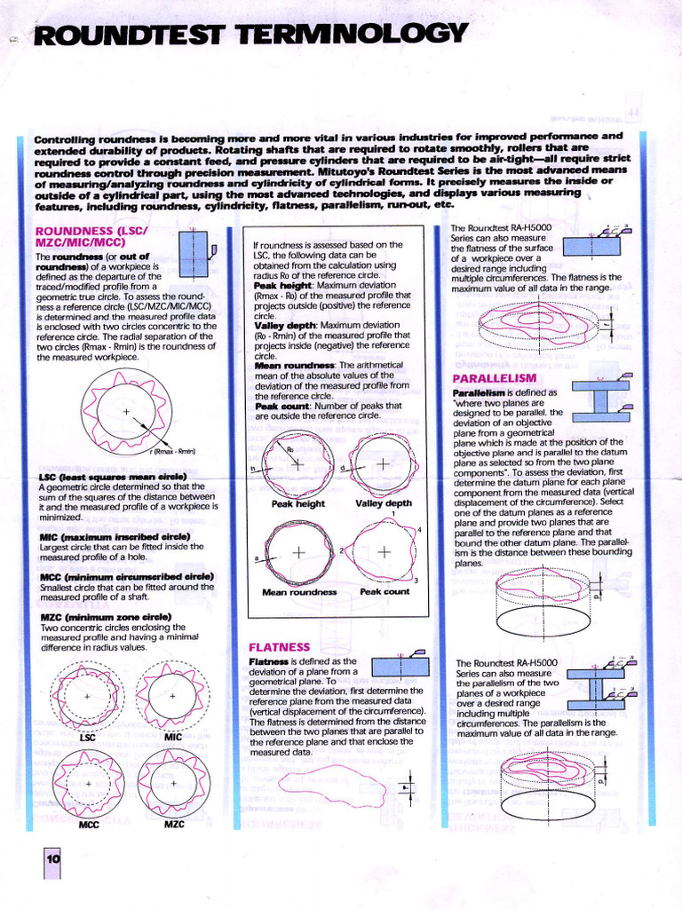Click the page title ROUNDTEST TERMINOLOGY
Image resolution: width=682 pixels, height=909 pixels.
point(248,36)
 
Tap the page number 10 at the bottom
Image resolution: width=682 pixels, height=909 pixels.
point(52,858)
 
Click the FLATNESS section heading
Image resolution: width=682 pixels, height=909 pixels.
point(280,647)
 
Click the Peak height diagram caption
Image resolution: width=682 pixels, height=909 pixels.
point(297,503)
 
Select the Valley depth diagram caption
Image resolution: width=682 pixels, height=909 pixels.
point(384,503)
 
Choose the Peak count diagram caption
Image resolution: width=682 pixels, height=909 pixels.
point(384,591)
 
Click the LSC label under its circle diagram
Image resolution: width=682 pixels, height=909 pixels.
point(87,737)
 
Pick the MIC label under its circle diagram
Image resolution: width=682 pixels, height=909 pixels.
point(173,737)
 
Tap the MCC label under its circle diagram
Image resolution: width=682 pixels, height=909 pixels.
point(89,824)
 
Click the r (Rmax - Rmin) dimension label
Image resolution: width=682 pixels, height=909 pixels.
point(174,452)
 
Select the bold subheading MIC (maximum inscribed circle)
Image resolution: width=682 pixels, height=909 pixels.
point(115,536)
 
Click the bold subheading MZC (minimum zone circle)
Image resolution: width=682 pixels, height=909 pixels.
point(106,616)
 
